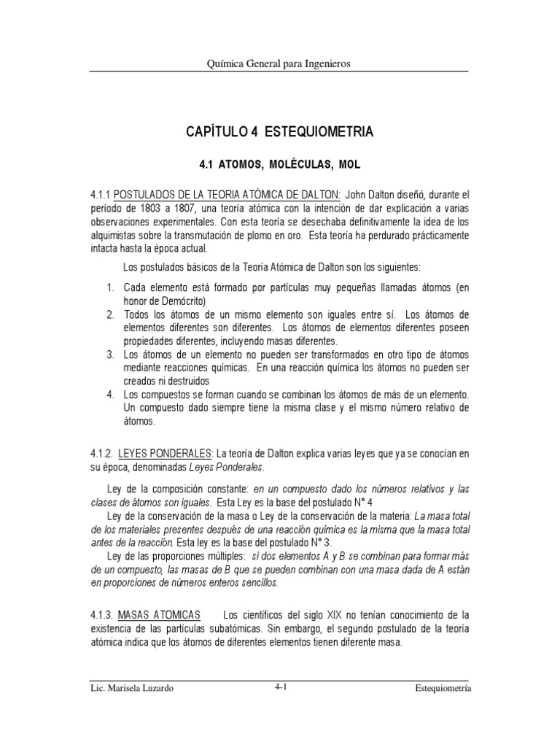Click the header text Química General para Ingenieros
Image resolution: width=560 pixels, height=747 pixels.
pyautogui.click(x=279, y=63)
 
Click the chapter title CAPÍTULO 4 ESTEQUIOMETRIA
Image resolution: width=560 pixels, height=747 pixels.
pyautogui.click(x=279, y=132)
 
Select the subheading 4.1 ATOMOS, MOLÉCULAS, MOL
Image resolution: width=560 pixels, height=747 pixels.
pyautogui.click(x=280, y=166)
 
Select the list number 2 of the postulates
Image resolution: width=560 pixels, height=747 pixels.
pyautogui.click(x=110, y=314)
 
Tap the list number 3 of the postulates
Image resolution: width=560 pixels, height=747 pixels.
pyautogui.click(x=110, y=355)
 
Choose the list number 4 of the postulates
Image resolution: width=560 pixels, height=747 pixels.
pyautogui.click(x=110, y=395)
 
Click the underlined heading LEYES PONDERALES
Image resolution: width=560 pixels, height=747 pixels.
pyautogui.click(x=166, y=454)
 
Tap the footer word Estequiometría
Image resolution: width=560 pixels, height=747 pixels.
pyautogui.click(x=442, y=688)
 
